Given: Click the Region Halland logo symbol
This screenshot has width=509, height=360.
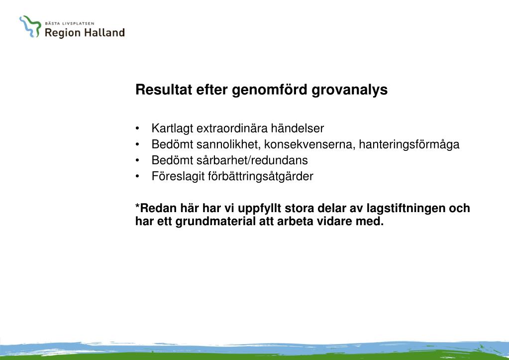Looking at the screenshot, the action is [30, 27].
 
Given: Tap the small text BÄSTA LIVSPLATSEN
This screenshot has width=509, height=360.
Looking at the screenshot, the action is [70, 23].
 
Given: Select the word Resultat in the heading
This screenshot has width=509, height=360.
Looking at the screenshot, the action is [164, 89].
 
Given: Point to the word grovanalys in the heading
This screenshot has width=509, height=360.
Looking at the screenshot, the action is [350, 90].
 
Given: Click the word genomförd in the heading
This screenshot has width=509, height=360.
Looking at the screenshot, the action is [270, 90].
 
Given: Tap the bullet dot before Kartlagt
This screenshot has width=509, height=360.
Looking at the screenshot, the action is [137, 128].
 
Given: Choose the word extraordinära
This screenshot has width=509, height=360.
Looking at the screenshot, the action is [232, 128].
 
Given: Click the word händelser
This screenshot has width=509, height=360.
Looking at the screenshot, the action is [298, 128].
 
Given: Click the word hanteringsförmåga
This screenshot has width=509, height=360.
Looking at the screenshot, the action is [409, 145].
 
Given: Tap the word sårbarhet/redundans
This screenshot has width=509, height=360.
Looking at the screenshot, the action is [252, 160].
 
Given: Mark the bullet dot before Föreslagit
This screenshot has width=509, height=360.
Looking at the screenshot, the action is [137, 176].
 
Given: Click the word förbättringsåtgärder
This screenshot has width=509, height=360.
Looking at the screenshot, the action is [261, 177].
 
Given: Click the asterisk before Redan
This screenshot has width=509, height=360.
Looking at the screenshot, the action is [138, 206].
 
